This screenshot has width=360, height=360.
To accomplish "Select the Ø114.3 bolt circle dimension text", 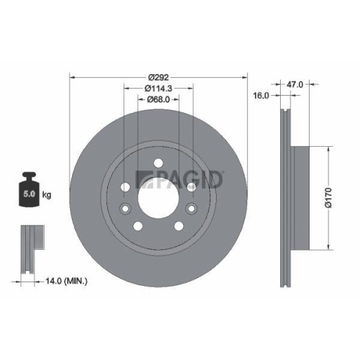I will point(158,89).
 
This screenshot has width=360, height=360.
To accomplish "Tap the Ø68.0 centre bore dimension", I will point(158,100).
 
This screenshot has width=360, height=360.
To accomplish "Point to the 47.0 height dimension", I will point(294,84).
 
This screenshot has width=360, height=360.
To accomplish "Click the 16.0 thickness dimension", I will point(261,95).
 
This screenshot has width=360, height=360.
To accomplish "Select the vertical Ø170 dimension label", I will point(328,198).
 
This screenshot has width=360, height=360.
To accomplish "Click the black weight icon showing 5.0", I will point(30,188).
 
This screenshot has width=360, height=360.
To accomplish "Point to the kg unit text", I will point(48,194).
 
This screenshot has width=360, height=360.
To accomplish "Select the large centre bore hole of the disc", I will point(158,195).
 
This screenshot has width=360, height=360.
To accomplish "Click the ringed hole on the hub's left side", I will point(125,186).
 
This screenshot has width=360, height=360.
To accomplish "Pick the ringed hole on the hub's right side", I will point(192,186).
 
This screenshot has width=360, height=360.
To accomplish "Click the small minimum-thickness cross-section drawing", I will point(29,248).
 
